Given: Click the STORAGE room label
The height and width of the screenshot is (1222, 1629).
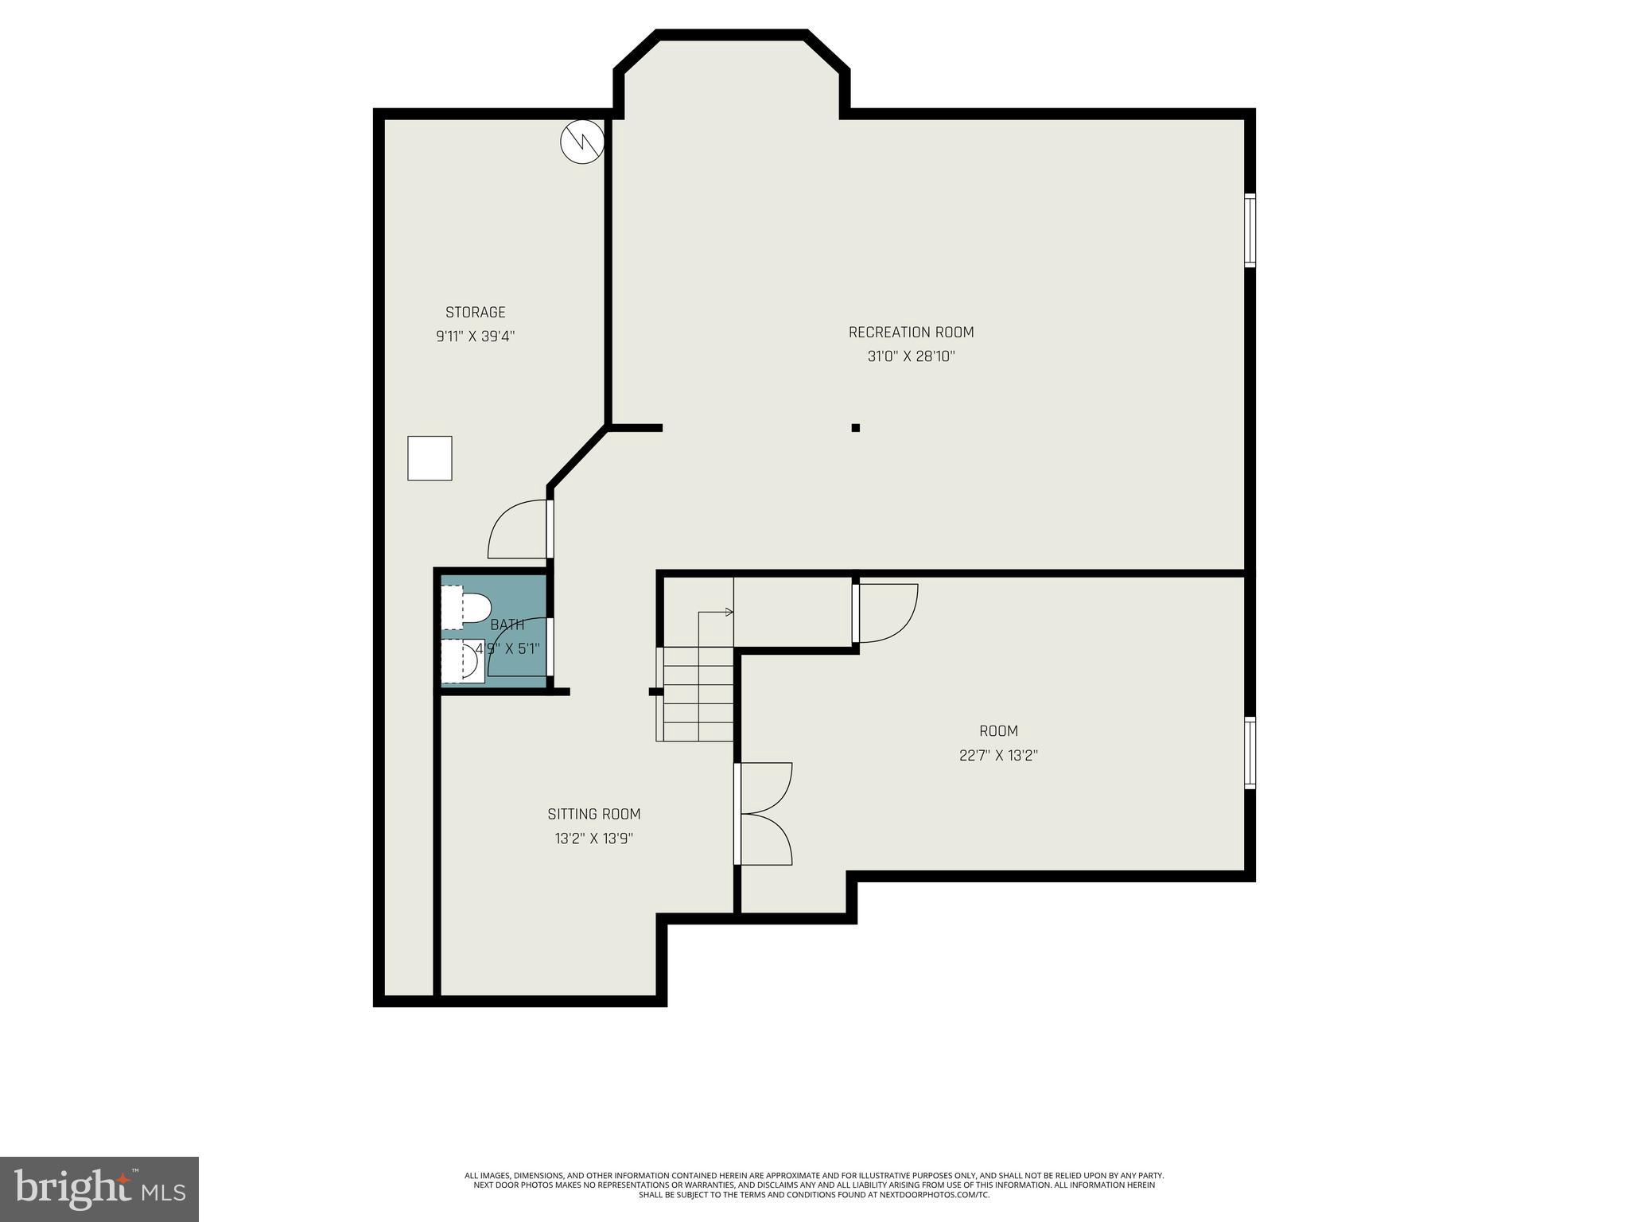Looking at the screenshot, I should click(475, 312).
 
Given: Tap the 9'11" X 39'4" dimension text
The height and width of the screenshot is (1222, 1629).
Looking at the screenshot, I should click(475, 337).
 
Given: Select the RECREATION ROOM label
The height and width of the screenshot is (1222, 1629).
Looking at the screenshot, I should click(911, 332).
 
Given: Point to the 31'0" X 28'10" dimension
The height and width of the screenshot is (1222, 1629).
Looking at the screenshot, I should click(911, 356).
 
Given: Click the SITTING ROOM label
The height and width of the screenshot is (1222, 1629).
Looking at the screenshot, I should click(593, 814).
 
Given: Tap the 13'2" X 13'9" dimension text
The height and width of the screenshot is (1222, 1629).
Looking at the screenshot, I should click(593, 839).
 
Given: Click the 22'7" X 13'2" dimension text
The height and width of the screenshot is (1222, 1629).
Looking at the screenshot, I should click(998, 756).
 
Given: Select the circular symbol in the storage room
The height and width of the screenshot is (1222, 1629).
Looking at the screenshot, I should click(582, 142).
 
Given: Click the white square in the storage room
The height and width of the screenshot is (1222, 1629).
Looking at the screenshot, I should click(430, 458).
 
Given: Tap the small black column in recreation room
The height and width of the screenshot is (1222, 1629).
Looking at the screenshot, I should click(856, 428).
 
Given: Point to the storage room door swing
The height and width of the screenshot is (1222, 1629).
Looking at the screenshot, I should click(517, 529).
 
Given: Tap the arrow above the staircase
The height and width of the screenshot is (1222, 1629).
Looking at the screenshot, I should click(716, 613).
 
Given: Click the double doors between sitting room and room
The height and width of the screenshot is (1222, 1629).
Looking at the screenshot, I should click(764, 814).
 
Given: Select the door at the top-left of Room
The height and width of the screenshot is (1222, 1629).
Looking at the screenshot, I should click(885, 613).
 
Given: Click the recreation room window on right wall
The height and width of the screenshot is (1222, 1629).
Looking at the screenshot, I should click(1250, 230).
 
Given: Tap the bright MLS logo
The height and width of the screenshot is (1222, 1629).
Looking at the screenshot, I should click(99, 1189).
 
